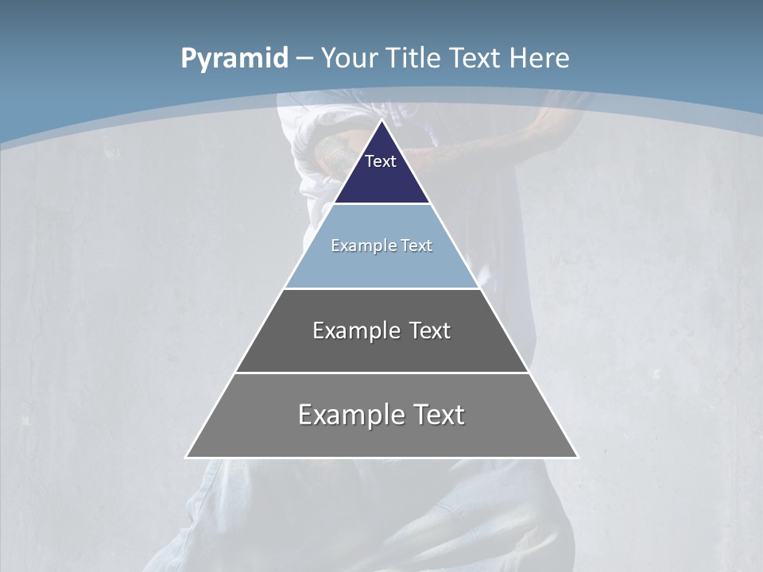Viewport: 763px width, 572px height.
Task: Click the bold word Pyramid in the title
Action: point(234,59)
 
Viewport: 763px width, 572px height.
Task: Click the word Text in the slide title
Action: point(477,59)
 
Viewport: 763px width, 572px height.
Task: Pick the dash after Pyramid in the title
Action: point(304,59)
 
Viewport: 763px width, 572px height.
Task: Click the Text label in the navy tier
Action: point(381,161)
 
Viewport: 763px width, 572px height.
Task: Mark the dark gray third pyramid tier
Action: point(381,353)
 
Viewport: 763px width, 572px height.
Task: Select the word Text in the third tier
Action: point(429,330)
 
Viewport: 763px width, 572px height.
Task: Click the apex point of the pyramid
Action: point(381,122)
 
